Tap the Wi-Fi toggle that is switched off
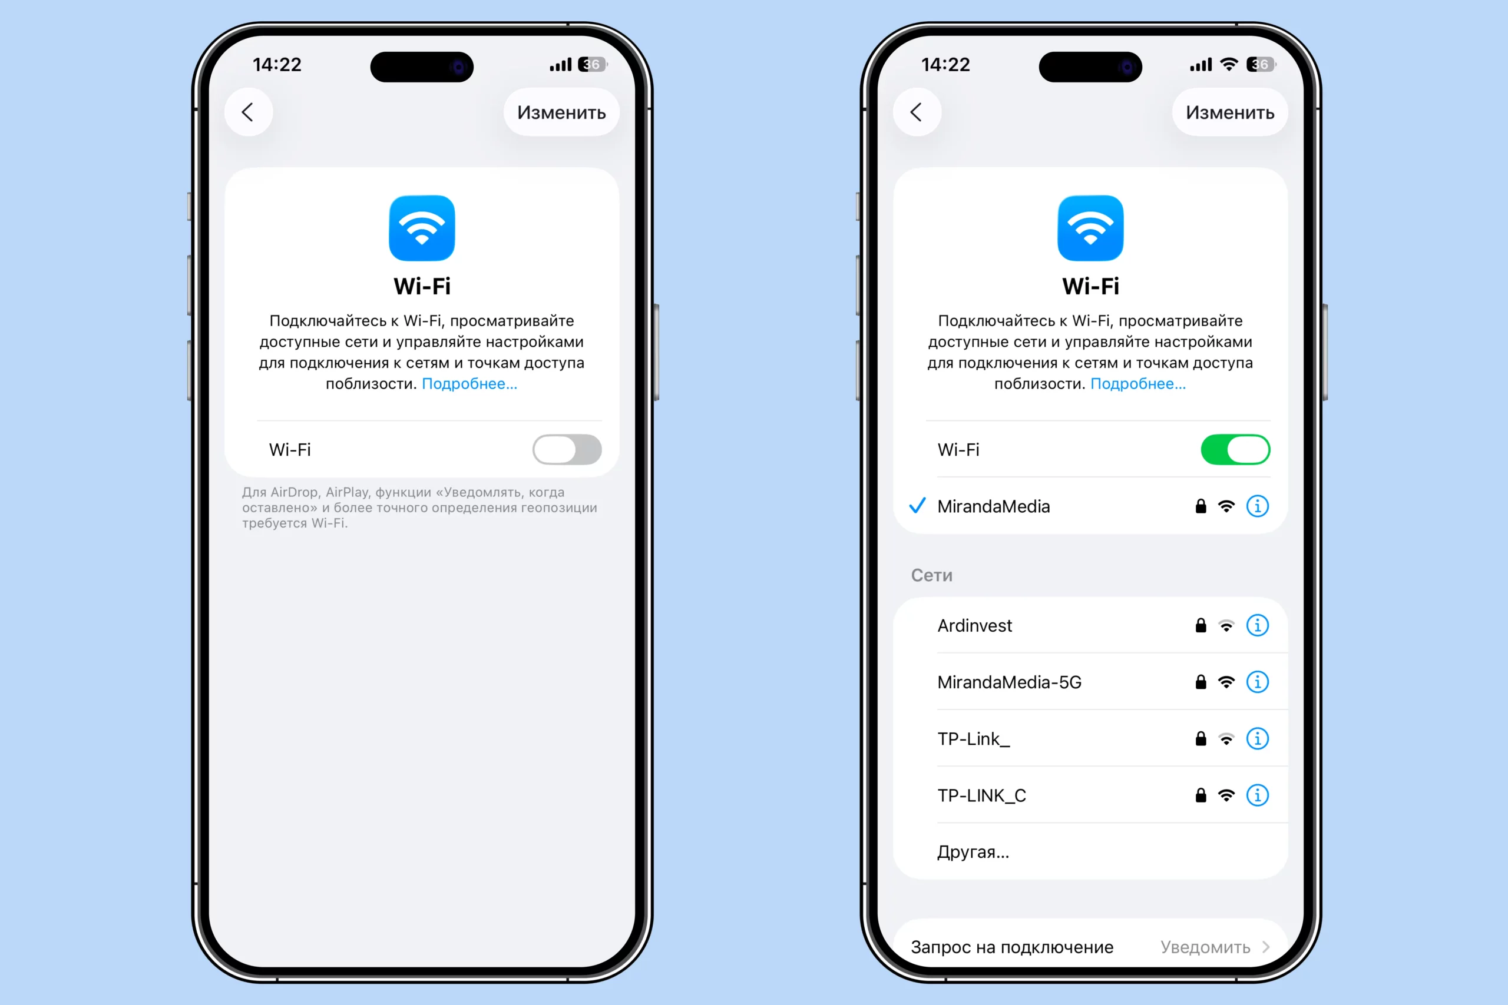click(x=567, y=449)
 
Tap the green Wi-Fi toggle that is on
click(x=1235, y=449)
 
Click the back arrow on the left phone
click(x=247, y=112)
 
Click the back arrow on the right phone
click(x=916, y=112)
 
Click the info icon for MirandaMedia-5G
click(x=1257, y=681)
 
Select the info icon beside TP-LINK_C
click(x=1257, y=795)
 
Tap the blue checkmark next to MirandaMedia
click(x=918, y=506)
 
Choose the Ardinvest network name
click(x=974, y=626)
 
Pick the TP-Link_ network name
click(x=973, y=739)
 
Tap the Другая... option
click(x=973, y=852)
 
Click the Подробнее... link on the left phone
click(x=469, y=383)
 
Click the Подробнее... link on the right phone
click(x=1138, y=383)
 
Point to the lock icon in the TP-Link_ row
click(x=1201, y=738)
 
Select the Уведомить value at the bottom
click(x=1205, y=947)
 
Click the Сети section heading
click(x=931, y=575)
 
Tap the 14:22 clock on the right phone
click(x=945, y=65)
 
